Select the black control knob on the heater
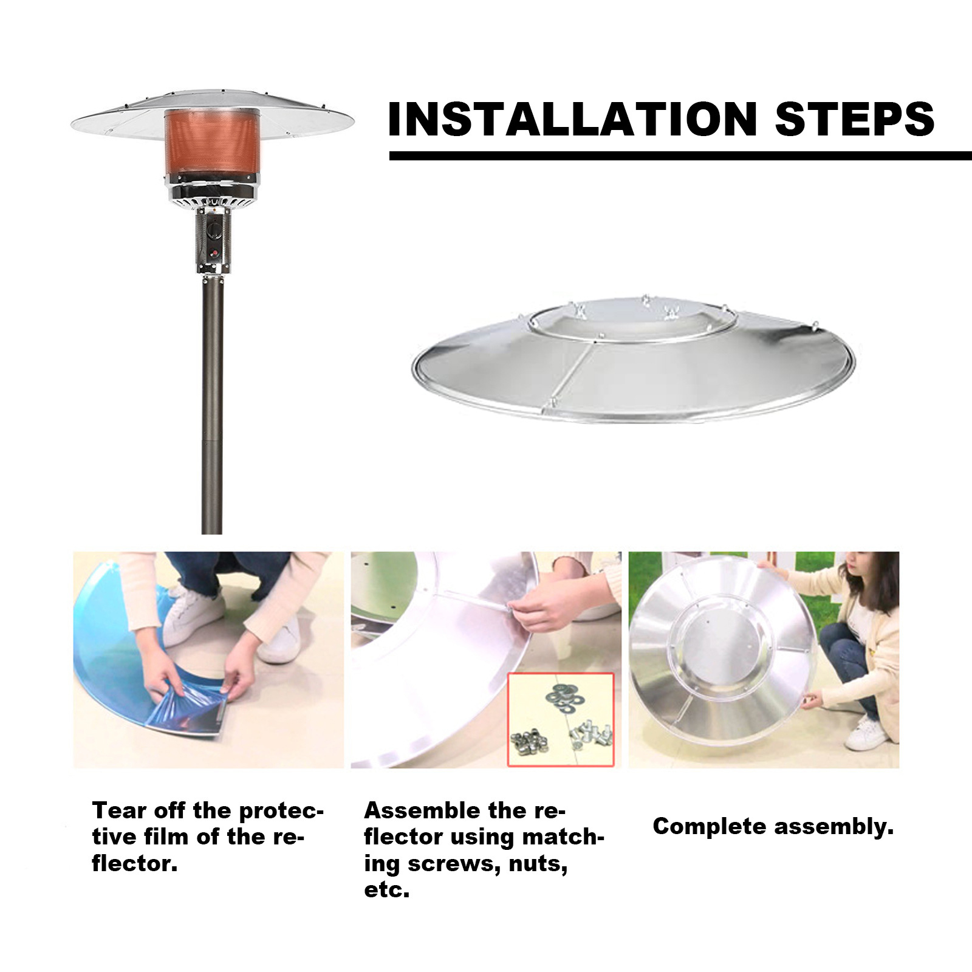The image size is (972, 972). pyautogui.click(x=213, y=231)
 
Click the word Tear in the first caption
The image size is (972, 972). pyautogui.click(x=119, y=810)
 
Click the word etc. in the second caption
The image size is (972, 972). pyautogui.click(x=386, y=891)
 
